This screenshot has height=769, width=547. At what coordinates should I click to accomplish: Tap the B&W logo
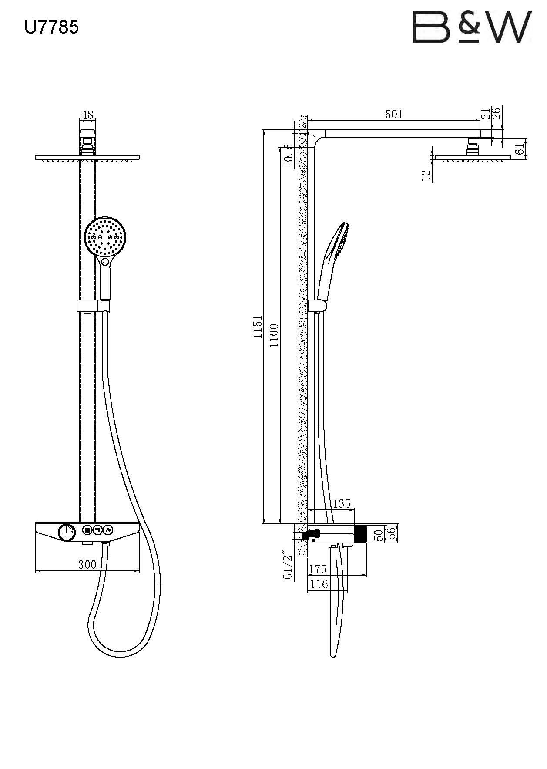[x=471, y=27]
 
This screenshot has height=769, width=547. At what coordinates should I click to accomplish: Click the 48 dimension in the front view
[x=87, y=115]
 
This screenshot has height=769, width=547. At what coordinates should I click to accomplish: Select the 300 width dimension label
[x=87, y=565]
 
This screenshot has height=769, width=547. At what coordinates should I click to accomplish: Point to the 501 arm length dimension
[x=394, y=115]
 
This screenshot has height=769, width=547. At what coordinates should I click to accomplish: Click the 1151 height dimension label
[x=258, y=327]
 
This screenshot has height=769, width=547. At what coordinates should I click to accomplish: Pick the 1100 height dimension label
[x=274, y=335]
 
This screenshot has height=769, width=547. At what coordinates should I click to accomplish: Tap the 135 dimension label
[x=341, y=504]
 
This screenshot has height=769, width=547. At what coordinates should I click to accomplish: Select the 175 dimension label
[x=317, y=569]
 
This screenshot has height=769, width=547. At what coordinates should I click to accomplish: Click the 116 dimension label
[x=319, y=584]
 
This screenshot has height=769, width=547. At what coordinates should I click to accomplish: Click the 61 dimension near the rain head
[x=519, y=149]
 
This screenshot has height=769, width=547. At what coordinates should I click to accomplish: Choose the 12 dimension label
[x=426, y=175]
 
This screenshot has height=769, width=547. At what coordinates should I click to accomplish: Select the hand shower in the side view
[x=333, y=257]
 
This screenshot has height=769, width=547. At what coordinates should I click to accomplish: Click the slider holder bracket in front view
[x=93, y=306]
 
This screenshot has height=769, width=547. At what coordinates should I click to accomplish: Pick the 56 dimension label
[x=391, y=533]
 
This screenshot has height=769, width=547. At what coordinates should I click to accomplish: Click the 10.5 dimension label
[x=288, y=156]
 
